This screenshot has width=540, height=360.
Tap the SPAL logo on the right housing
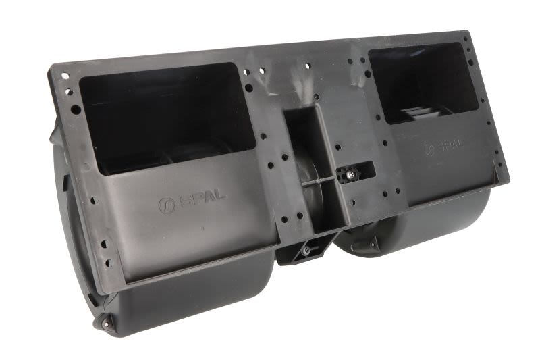[x=444, y=146]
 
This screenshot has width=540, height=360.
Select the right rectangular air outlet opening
[x=423, y=82]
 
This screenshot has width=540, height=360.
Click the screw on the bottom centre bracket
[x=305, y=251]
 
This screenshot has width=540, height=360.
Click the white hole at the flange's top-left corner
[x=65, y=76]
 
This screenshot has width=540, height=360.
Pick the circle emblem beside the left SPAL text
[x=167, y=205]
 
